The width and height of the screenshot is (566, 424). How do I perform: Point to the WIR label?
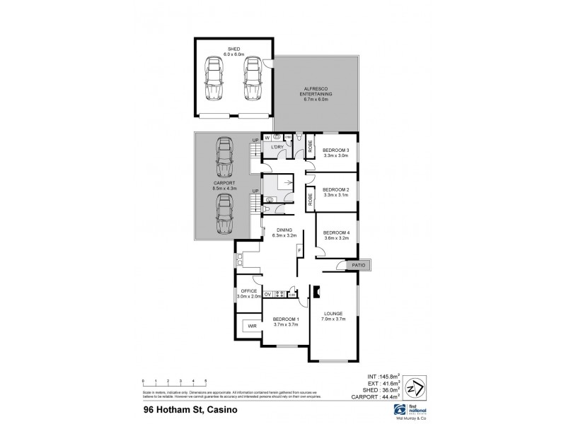[252, 326]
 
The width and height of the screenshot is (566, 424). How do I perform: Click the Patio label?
[359, 265]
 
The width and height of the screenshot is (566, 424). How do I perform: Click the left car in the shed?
[214, 79]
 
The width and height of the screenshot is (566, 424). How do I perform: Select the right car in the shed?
[253, 79]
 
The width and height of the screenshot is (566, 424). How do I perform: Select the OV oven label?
[267, 294]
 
